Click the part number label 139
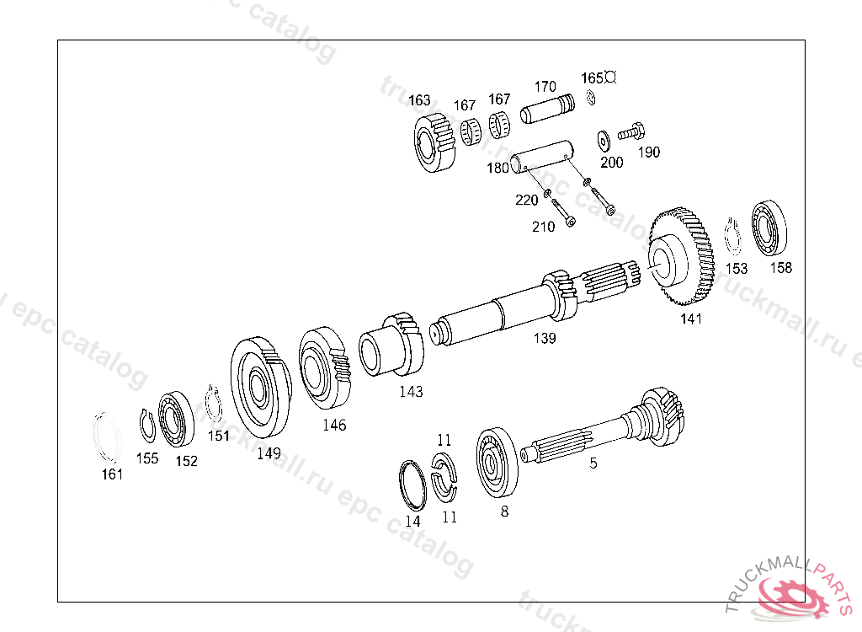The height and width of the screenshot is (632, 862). click(x=545, y=338)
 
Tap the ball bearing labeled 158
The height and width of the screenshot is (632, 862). click(x=769, y=228)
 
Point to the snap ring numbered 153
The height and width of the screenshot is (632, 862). click(x=732, y=238)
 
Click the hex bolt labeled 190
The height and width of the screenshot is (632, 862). click(x=631, y=132)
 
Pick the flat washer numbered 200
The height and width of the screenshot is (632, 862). click(x=604, y=141)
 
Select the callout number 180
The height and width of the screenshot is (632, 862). click(x=498, y=168)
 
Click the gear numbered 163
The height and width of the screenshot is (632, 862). click(x=434, y=142)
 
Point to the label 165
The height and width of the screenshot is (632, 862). click(x=592, y=78)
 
